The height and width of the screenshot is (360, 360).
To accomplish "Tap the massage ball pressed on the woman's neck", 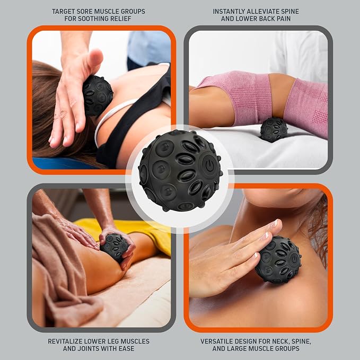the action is pos(98,95).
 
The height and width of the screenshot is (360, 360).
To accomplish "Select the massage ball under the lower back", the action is pos(274,129).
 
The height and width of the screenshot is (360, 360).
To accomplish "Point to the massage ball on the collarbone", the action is pos(278,259).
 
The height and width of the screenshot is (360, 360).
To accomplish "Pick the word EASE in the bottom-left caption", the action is pos(126,348).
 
